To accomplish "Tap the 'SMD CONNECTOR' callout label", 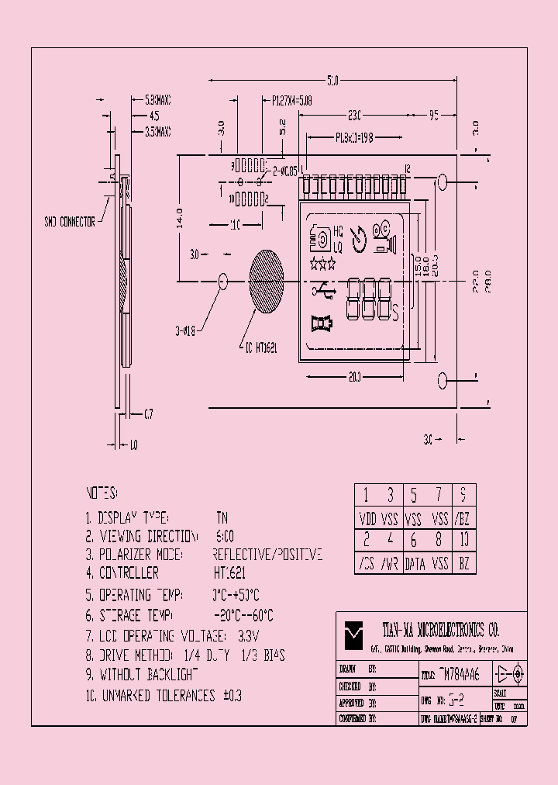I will [x=69, y=222].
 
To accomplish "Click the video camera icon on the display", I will [x=384, y=239].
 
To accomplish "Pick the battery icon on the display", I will [x=321, y=323].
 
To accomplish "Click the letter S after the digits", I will [x=395, y=313].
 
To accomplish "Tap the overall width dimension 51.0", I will [x=332, y=80].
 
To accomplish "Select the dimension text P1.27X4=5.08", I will [x=294, y=100].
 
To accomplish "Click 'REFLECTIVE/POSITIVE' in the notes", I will [x=267, y=555].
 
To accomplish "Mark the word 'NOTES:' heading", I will [x=101, y=493].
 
